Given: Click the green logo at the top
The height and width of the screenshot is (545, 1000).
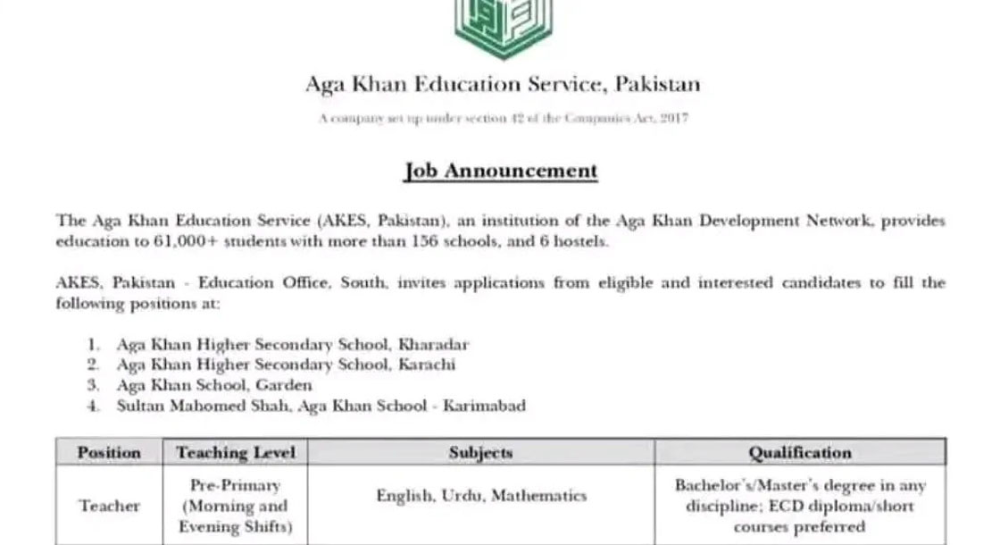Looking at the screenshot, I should (503, 27).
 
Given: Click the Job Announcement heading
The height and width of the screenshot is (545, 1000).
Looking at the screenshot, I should (501, 170).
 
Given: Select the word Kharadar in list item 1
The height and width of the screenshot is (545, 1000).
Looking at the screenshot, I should (433, 344).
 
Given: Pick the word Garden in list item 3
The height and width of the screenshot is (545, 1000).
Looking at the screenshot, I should (283, 385).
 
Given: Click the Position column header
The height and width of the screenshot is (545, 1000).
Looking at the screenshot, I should (109, 452).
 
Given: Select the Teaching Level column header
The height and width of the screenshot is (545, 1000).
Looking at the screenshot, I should (236, 452).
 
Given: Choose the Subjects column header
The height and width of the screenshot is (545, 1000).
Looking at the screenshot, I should (480, 452).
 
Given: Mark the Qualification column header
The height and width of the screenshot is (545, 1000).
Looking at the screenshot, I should (800, 452).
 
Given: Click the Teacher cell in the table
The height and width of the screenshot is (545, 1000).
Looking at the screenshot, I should (109, 506).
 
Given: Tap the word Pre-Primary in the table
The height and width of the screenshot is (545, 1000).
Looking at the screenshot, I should (236, 485).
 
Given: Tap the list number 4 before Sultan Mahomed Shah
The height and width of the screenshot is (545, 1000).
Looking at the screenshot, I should (93, 406).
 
